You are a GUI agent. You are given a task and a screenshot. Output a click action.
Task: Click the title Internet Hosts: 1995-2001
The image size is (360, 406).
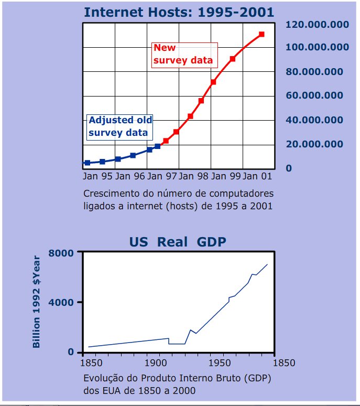pos(179,12)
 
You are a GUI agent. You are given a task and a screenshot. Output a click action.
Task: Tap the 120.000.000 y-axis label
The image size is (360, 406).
pos(317,24)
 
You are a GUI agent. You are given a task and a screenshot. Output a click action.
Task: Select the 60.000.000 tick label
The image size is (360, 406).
pos(314,95)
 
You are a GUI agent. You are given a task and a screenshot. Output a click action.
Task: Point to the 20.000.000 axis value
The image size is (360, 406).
pos(314,144)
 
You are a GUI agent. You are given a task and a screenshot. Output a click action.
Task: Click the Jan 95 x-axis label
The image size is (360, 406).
pos(97,176)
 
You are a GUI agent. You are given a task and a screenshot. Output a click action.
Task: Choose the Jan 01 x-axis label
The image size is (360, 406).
pos(257,176)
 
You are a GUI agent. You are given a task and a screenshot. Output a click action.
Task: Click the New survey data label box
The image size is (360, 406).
pos(183,55)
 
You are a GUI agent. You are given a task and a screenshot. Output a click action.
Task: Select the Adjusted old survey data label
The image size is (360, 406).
pos(120,126)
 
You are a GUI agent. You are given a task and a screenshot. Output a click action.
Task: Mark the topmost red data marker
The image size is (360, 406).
pos(261,35)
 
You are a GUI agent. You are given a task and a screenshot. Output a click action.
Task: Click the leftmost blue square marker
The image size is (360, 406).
pos(88,163)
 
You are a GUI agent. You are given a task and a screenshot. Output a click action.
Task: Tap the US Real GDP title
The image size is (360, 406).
pos(178,242)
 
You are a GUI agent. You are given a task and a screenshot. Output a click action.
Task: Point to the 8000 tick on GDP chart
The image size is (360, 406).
pos(61,253)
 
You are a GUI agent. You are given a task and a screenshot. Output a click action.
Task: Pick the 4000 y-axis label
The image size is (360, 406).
pos(61,303)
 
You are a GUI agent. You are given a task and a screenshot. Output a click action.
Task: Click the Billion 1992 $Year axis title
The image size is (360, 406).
pos(36,302)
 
